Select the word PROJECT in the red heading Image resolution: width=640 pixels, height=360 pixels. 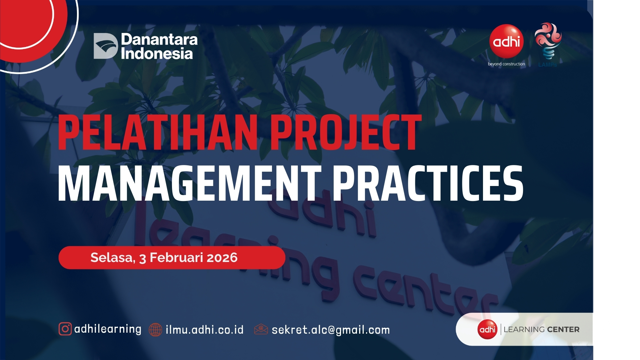(346, 132)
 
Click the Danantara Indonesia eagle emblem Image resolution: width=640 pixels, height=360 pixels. (106, 46)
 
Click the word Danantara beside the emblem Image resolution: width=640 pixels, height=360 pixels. (159, 40)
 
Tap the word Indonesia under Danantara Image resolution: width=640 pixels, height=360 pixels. (157, 54)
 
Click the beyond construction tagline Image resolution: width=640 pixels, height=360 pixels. (506, 64)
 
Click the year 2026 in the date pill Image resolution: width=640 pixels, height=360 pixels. (222, 258)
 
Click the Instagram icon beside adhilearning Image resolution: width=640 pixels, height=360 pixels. (65, 329)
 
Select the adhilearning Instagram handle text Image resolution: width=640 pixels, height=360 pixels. (108, 329)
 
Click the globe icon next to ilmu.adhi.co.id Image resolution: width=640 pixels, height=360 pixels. (155, 330)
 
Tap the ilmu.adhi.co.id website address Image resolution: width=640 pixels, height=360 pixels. (205, 330)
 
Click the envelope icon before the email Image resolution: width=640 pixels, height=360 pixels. (261, 329)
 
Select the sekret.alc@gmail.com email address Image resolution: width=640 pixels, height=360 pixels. (331, 330)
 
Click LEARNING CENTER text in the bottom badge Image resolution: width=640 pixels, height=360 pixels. (541, 329)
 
